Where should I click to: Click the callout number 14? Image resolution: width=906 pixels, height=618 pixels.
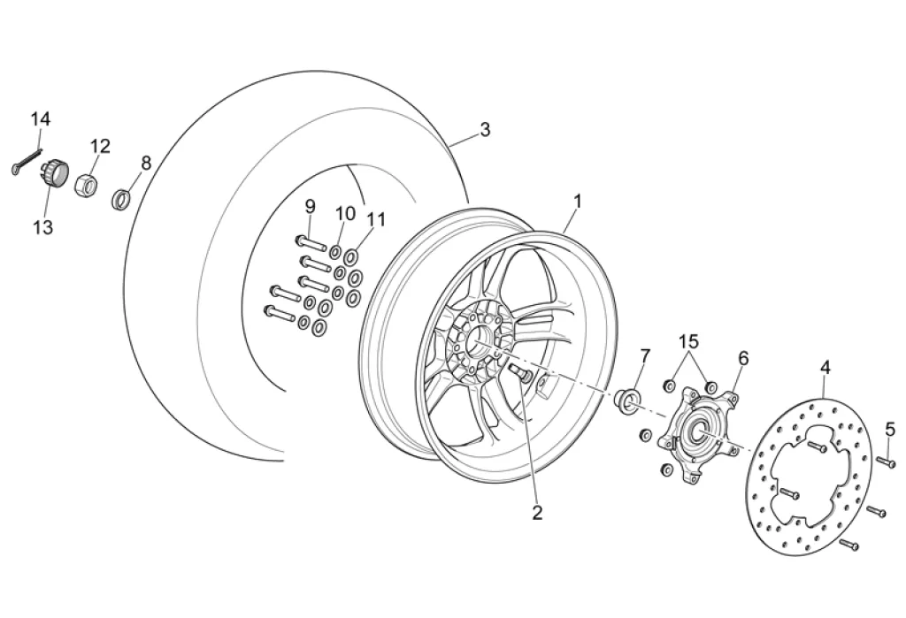(41, 118)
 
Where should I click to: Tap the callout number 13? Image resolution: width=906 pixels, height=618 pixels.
(42, 227)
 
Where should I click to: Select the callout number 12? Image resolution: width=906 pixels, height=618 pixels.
(100, 146)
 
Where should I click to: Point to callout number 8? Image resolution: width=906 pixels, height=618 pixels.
(146, 163)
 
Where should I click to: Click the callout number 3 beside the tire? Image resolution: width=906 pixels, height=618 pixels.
(485, 130)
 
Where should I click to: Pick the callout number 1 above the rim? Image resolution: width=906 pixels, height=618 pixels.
(577, 202)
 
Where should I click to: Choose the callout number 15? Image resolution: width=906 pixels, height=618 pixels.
(689, 341)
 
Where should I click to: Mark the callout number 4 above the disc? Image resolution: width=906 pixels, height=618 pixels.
(825, 366)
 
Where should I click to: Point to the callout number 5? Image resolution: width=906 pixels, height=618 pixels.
(889, 430)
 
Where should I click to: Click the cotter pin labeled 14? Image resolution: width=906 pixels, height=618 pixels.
(27, 163)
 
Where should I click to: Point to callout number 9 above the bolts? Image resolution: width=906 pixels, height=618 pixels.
(310, 206)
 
